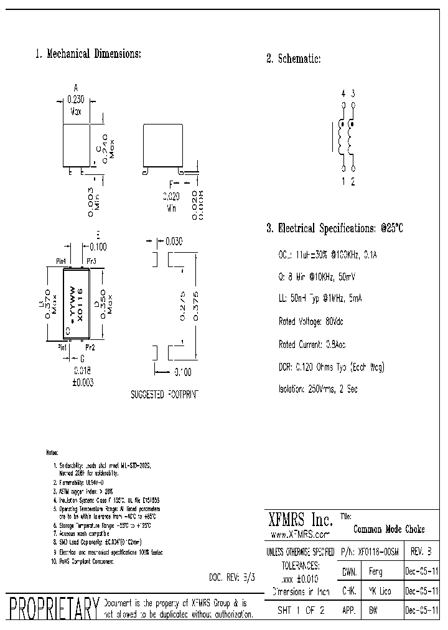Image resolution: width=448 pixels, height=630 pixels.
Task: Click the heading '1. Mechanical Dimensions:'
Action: [88, 54]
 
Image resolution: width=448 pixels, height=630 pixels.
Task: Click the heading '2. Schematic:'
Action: [293, 59]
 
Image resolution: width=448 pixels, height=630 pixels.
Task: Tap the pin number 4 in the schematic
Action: [343, 93]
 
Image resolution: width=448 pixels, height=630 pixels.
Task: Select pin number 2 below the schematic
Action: [353, 182]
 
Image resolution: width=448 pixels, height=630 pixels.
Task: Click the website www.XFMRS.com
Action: [300, 534]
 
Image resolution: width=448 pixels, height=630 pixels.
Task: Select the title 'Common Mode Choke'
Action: [389, 529]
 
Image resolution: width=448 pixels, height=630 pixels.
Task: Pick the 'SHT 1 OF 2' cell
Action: [301, 611]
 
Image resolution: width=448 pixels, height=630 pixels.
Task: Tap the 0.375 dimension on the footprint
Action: [197, 305]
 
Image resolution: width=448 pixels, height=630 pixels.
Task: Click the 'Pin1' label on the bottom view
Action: [63, 347]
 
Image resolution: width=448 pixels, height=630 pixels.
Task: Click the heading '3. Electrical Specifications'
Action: [335, 228]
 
